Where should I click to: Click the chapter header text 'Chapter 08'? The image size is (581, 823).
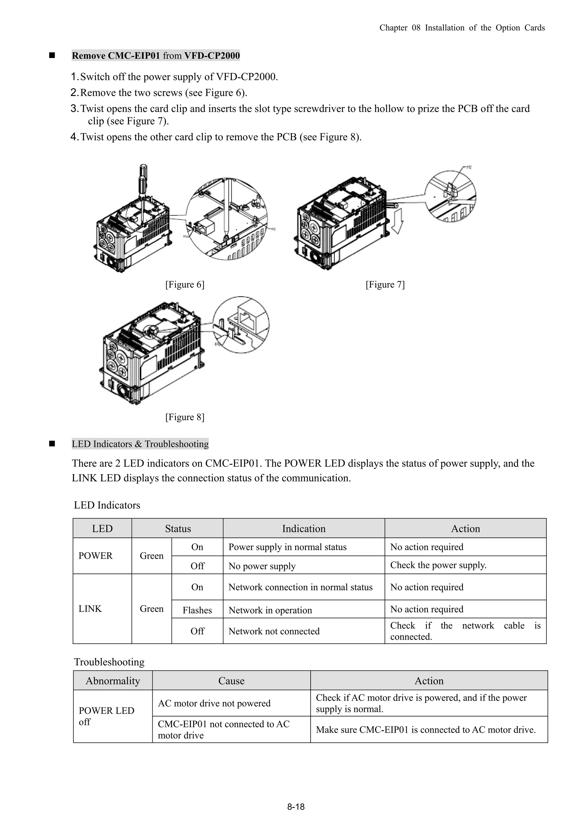point(399,28)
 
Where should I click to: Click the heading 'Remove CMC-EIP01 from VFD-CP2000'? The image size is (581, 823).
point(156,56)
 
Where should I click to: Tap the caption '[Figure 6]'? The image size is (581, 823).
point(185,285)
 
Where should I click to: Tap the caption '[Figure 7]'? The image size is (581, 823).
point(385,285)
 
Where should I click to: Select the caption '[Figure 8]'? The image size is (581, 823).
point(185,417)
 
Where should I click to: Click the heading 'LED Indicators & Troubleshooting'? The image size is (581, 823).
point(140,444)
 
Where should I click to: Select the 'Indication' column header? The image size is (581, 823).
point(304,529)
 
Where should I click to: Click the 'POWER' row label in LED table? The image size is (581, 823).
point(96,556)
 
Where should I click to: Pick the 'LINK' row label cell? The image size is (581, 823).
point(90,609)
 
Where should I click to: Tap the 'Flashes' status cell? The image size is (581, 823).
point(197,611)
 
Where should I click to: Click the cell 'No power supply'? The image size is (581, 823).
point(262,566)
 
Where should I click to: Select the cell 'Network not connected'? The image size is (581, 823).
point(274,631)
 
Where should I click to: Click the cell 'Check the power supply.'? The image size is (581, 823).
point(438,565)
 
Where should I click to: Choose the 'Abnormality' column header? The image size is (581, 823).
point(113,681)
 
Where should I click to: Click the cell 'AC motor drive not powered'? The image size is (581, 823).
point(214,703)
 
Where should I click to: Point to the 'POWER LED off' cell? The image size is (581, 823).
point(106,716)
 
